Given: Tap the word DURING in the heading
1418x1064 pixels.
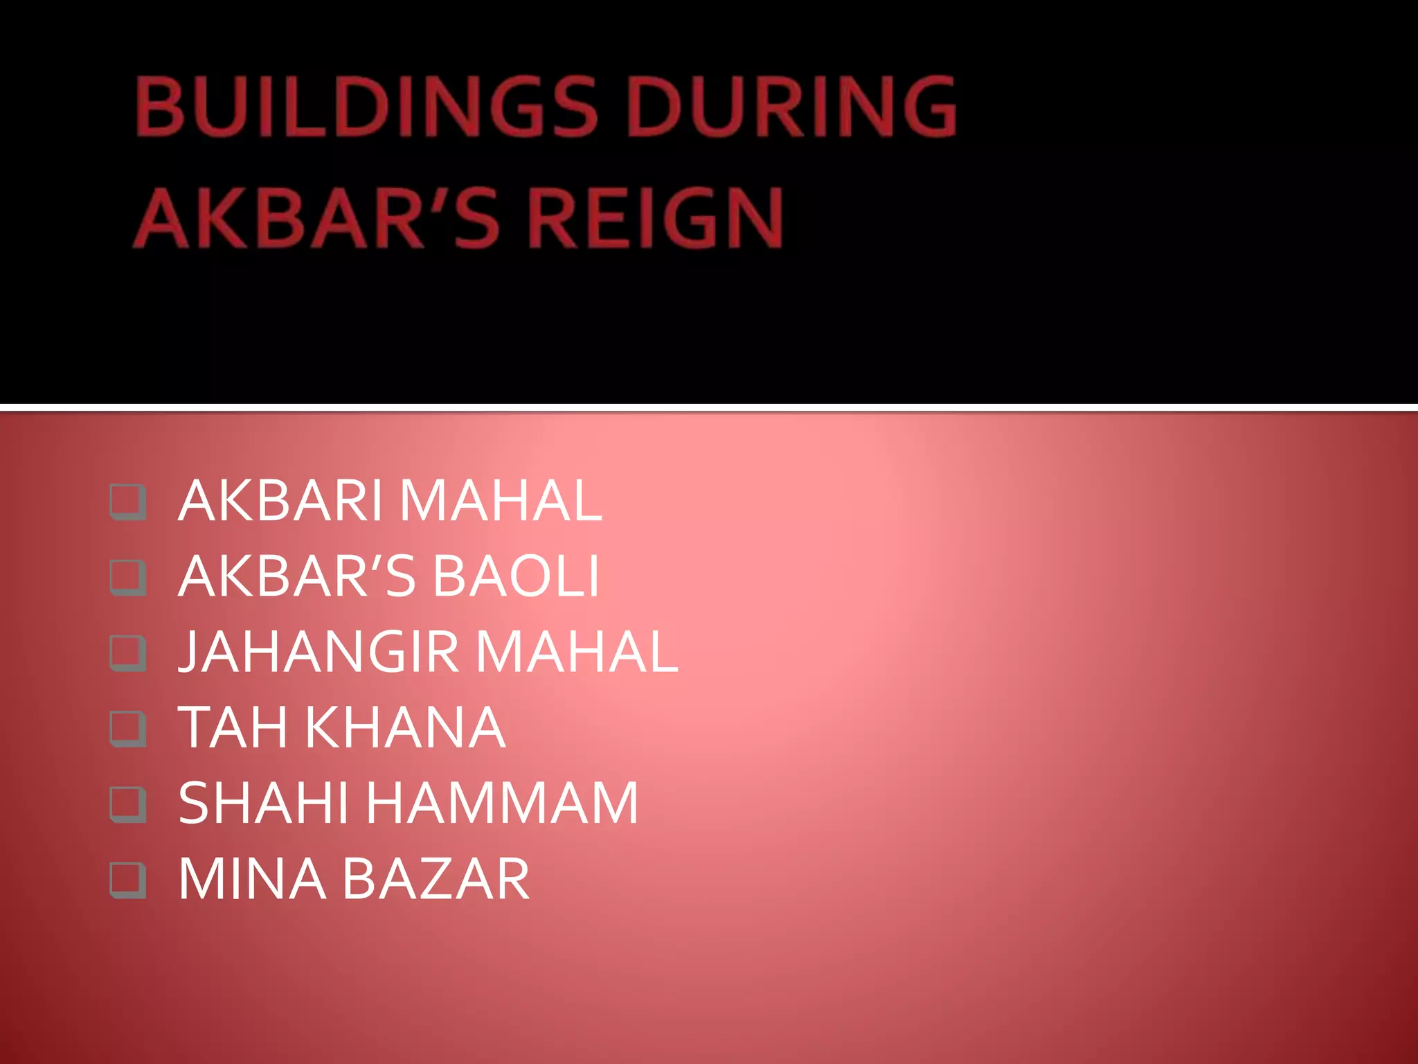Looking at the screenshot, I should (791, 107).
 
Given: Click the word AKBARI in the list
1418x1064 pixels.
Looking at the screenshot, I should (280, 501).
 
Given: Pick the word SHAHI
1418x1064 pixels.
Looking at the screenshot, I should (263, 803).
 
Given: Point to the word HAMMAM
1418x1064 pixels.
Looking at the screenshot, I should (502, 803).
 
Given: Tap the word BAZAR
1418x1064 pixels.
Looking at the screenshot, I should (436, 879).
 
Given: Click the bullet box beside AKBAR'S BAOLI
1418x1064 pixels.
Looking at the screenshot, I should (128, 578).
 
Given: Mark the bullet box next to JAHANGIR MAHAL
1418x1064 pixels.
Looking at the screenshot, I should (128, 653).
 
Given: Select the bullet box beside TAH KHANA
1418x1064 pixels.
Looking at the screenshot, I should (128, 729).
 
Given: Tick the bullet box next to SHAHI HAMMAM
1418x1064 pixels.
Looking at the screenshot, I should (128, 804).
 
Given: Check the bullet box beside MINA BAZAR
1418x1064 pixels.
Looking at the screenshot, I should (128, 880).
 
